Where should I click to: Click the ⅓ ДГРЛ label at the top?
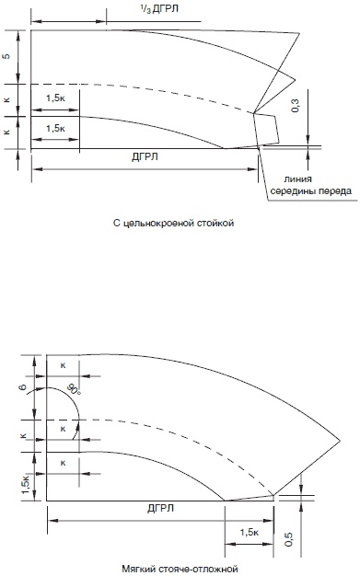(159, 9)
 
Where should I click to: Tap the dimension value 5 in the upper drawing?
(6, 56)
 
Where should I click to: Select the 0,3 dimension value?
(296, 106)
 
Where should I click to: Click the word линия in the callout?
(298, 179)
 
